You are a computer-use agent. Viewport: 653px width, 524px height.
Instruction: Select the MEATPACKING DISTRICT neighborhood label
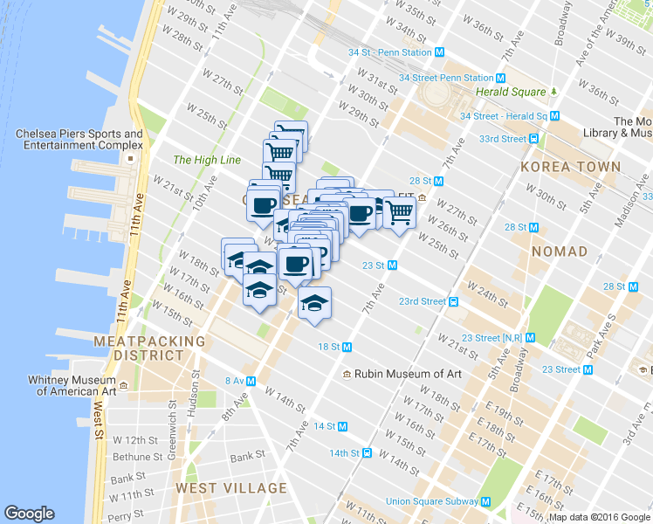[149, 348]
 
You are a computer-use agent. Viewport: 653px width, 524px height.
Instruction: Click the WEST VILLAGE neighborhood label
[230, 488]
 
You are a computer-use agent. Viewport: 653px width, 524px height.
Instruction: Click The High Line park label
[206, 160]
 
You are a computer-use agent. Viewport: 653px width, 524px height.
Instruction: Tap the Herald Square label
[511, 92]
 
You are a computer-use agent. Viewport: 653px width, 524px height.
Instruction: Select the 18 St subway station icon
[347, 347]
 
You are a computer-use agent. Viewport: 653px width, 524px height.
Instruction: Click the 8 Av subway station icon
[251, 381]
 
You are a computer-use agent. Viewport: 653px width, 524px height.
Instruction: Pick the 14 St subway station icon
[343, 426]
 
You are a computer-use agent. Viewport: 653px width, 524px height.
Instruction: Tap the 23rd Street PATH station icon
[454, 302]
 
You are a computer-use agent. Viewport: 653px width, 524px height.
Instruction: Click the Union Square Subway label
[431, 501]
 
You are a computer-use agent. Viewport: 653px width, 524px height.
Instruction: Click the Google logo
[29, 514]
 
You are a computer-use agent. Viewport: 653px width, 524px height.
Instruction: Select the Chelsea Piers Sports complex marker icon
[131, 160]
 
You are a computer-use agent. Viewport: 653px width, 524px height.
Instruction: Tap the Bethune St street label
[137, 457]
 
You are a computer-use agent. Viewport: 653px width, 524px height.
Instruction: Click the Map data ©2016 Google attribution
[600, 517]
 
